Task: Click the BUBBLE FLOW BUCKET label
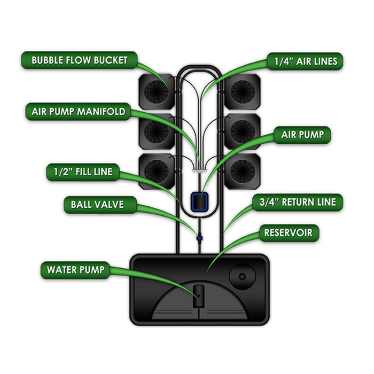79,60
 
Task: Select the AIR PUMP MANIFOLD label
78,112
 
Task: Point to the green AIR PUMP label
302,135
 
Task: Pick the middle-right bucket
242,130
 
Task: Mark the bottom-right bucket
242,170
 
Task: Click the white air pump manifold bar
199,168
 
